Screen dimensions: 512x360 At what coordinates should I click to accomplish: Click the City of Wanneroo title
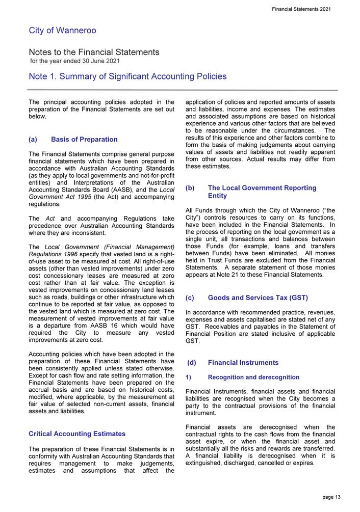pyautogui.click(x=62, y=31)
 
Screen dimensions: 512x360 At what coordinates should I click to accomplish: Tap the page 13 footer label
pyautogui.click(x=331, y=497)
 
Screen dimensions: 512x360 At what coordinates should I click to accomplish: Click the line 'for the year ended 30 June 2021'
pyautogui.click(x=75, y=62)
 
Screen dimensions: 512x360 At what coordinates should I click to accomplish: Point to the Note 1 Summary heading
pyautogui.click(x=127, y=77)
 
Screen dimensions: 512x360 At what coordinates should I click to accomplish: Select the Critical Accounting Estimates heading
pyautogui.click(x=77, y=434)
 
